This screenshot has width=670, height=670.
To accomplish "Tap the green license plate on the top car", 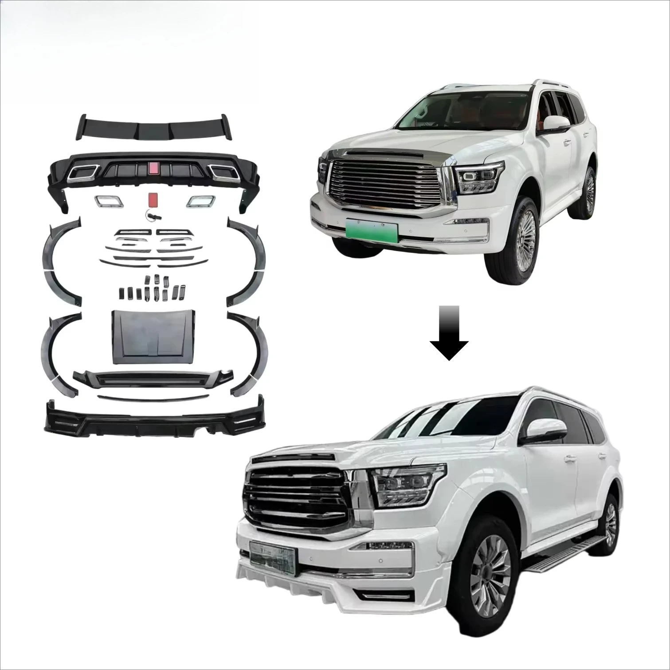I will [x=372, y=230].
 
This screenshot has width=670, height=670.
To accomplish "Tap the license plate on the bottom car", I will [x=271, y=554].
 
